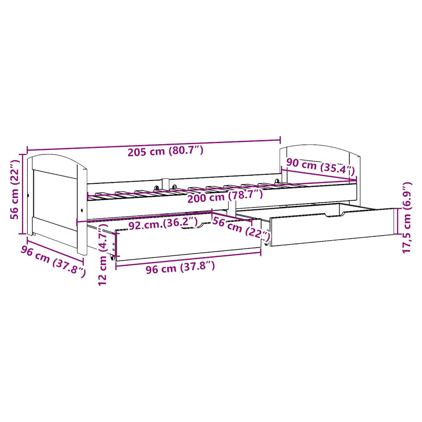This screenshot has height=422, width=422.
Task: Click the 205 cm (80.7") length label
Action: pyautogui.click(x=165, y=151)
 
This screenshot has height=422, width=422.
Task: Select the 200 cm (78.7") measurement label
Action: pyautogui.click(x=224, y=197)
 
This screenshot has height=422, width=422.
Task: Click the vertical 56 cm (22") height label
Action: pyautogui.click(x=15, y=194)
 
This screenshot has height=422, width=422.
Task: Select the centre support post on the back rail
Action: pyautogui.click(x=166, y=183)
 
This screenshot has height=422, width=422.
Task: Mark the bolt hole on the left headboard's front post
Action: pyautogui.click(x=82, y=210)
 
